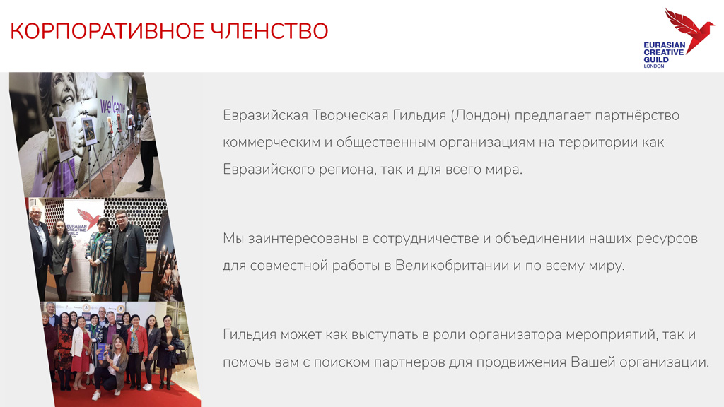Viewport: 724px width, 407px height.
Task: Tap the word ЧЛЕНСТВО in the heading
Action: [269, 31]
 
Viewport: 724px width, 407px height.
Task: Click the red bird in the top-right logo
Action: [689, 30]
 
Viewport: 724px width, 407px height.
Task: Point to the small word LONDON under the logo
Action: [654, 66]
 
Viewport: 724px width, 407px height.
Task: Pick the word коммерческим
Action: [271, 143]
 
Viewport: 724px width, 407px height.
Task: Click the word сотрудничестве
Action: [426, 239]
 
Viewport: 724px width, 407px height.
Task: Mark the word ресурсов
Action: [667, 239]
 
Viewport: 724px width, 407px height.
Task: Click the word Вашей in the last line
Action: [593, 362]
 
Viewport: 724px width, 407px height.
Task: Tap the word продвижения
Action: [521, 362]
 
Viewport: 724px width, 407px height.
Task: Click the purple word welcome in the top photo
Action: [112, 106]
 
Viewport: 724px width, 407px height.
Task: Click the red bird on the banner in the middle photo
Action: [89, 218]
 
